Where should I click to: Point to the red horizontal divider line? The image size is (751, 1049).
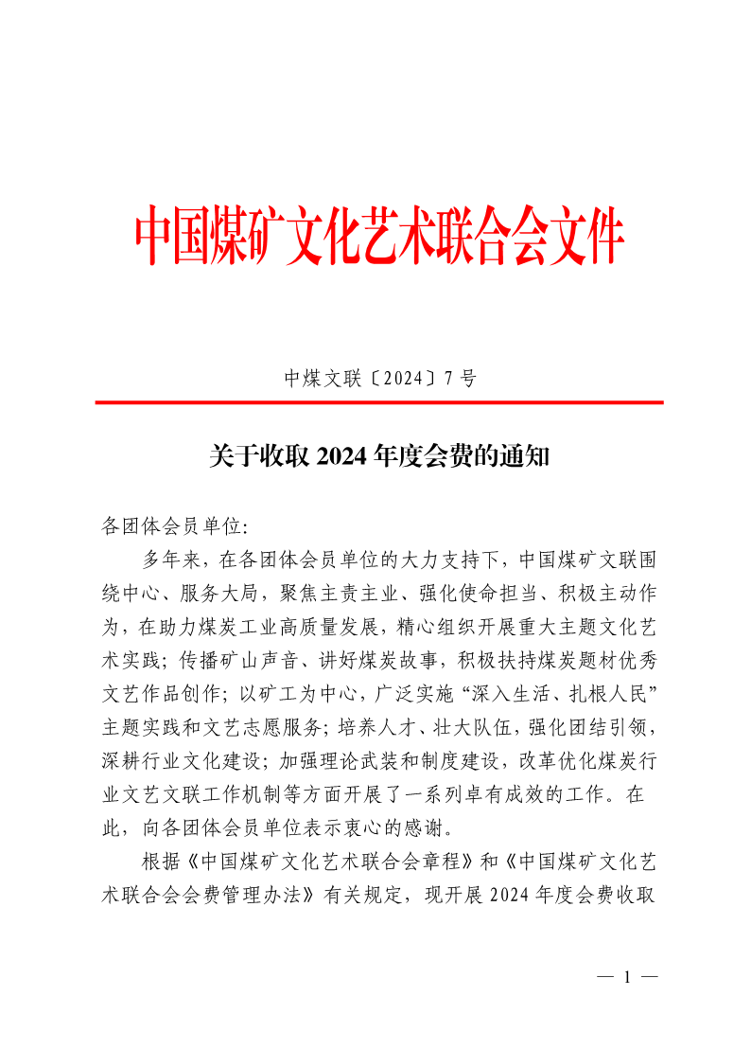[378, 402]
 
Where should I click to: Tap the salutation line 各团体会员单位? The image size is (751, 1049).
[172, 524]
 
